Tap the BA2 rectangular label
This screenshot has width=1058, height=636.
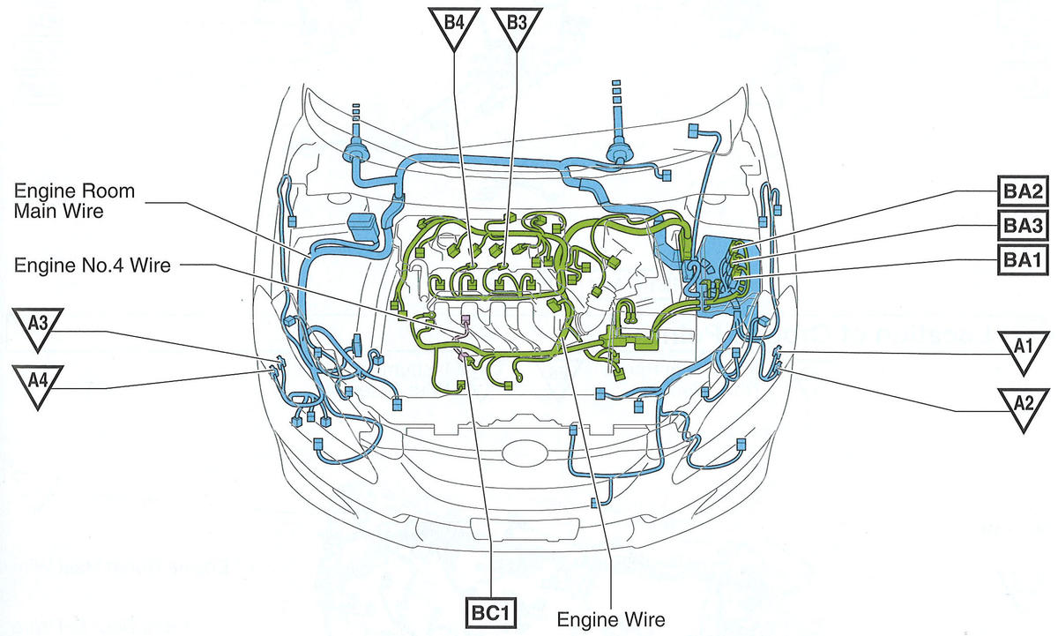[1023, 191]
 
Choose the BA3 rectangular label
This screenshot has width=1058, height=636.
[1023, 226]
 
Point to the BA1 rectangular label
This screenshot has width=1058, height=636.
[1023, 259]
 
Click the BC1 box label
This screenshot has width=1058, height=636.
[491, 613]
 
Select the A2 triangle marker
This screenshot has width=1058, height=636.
[1024, 408]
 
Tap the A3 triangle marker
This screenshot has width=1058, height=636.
[38, 328]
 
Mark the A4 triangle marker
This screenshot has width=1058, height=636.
[38, 385]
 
